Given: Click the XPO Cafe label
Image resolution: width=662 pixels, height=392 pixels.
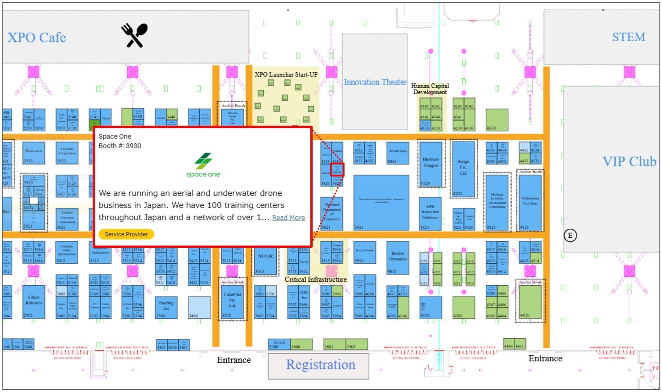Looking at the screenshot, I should click(36, 38).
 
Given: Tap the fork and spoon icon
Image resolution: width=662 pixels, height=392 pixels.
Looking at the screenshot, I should click(134, 36).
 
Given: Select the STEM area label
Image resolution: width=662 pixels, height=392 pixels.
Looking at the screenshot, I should click(629, 37).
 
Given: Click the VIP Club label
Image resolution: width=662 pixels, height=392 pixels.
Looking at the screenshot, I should click(629, 161).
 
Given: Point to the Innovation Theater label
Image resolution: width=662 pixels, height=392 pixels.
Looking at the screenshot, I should click(375, 82).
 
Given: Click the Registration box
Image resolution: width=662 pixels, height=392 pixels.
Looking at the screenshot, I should click(320, 365).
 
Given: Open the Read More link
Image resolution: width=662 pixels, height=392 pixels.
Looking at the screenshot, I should click(288, 218).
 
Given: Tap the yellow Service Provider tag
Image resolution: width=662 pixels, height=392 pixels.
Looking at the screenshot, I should click(126, 234).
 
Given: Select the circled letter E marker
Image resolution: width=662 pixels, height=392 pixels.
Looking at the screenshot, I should click(570, 235).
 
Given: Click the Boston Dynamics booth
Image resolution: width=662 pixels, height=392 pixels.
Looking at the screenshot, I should click(398, 259).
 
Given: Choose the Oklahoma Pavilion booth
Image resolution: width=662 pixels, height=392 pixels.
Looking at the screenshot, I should click(530, 201).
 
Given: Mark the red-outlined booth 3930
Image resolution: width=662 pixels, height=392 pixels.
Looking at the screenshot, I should click(337, 170).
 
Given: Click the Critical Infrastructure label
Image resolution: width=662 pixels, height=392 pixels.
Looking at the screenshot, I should click(316, 279).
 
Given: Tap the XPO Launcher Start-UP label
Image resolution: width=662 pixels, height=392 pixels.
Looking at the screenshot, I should click(286, 74).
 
